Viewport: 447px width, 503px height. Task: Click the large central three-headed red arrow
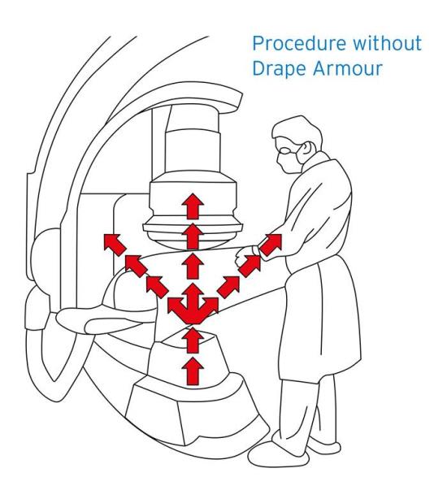click(193, 305)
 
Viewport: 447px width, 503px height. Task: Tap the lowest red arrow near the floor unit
click(193, 371)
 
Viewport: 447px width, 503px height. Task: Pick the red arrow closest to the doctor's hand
click(271, 243)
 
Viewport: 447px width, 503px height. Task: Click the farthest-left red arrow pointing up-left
click(111, 242)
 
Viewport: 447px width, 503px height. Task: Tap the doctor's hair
click(293, 130)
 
